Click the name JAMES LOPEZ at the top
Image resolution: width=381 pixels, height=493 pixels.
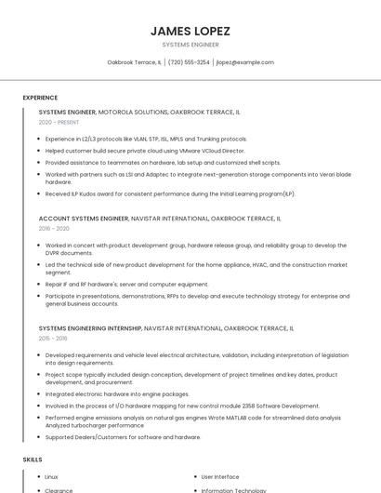190,31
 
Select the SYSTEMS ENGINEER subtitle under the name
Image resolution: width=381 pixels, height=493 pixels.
190,44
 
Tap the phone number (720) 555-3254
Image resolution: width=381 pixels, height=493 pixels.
189,62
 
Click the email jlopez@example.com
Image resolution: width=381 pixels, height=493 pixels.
245,62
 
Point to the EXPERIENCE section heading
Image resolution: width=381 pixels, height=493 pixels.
40,98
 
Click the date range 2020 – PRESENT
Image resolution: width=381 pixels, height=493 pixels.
59,122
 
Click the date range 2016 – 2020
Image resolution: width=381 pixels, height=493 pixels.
54,229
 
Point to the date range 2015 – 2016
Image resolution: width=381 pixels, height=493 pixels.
54,339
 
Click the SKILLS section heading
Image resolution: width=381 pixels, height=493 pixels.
33,460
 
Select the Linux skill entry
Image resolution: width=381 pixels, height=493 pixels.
52,477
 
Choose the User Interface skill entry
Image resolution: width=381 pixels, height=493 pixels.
220,477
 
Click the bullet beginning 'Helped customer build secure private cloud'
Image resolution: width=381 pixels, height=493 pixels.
145,150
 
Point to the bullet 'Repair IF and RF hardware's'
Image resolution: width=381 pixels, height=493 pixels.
126,285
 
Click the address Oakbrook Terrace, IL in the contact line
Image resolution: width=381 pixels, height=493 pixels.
135,62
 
